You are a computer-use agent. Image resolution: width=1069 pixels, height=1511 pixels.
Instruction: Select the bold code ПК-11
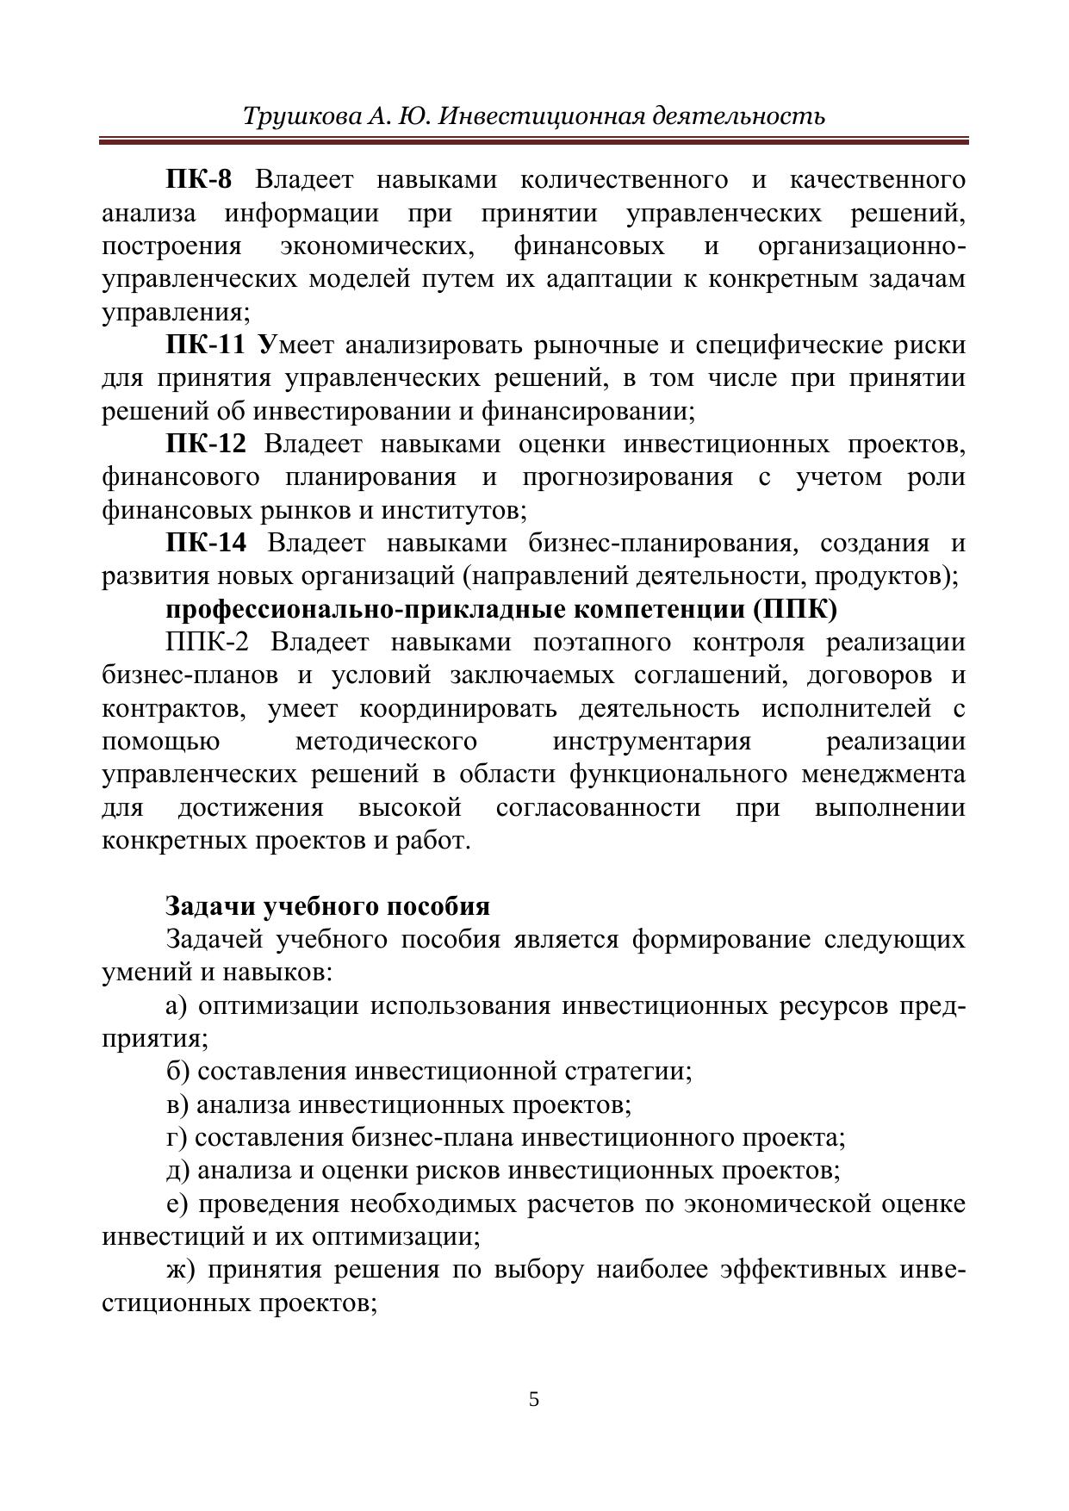point(205,345)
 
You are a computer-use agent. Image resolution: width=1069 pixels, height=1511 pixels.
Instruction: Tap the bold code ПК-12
point(205,445)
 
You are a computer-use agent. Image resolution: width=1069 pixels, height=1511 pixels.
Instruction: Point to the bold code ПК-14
point(205,544)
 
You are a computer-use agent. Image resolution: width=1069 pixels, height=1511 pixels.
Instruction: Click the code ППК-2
point(206,643)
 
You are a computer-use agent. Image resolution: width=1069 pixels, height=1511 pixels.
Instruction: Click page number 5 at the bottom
point(534,1398)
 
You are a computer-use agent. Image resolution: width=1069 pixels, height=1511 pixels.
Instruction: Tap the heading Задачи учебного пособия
point(327,906)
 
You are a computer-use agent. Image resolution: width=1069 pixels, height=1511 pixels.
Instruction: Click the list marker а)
point(177,1006)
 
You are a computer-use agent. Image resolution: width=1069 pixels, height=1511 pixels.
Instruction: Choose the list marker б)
point(177,1072)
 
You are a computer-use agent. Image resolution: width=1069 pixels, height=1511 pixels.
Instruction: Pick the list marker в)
point(177,1105)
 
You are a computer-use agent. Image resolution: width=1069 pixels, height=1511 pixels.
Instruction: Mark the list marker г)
point(176,1138)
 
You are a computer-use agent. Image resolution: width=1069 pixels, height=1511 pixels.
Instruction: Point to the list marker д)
point(177,1171)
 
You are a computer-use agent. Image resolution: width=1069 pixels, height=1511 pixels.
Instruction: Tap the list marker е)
point(177,1203)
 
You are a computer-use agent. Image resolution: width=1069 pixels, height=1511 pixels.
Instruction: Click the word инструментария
point(651,742)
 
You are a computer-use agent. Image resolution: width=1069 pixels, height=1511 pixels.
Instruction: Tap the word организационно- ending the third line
point(861,246)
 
